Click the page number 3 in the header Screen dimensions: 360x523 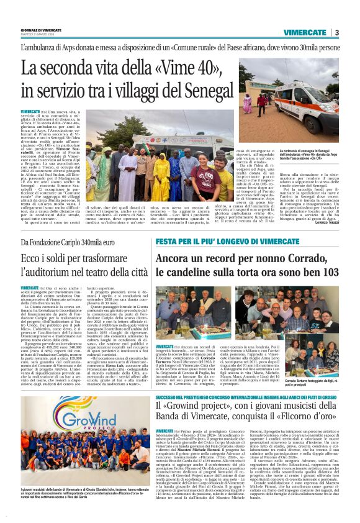336,32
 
